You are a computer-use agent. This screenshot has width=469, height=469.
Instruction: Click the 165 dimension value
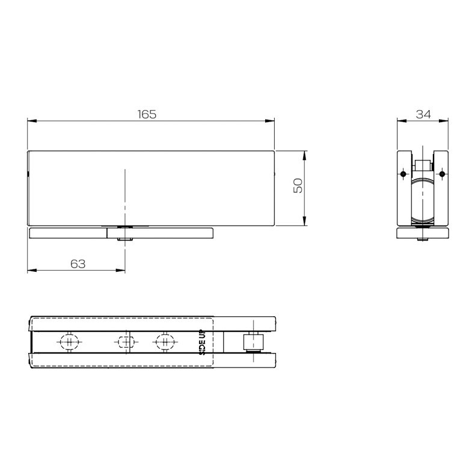[x=147, y=114]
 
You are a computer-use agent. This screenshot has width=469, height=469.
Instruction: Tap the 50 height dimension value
[x=298, y=186]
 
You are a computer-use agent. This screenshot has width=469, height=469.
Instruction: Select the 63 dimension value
[x=78, y=264]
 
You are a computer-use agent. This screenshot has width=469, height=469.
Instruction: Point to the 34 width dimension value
[x=423, y=114]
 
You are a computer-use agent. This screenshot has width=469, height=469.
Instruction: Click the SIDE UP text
[x=202, y=342]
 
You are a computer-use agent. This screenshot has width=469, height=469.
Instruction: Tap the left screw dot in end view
[x=403, y=174]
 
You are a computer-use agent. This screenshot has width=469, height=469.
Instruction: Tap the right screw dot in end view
[x=442, y=174]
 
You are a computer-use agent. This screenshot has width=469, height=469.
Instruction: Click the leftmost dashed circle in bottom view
[x=69, y=342]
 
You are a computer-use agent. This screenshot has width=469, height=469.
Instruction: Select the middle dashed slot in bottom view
[x=126, y=342]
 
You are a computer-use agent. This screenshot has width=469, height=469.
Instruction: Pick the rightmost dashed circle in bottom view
[x=165, y=342]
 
